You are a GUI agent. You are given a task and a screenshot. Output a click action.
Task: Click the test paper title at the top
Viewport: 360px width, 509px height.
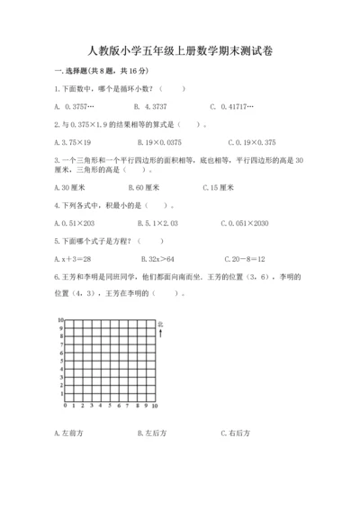pyautogui.click(x=180, y=50)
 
